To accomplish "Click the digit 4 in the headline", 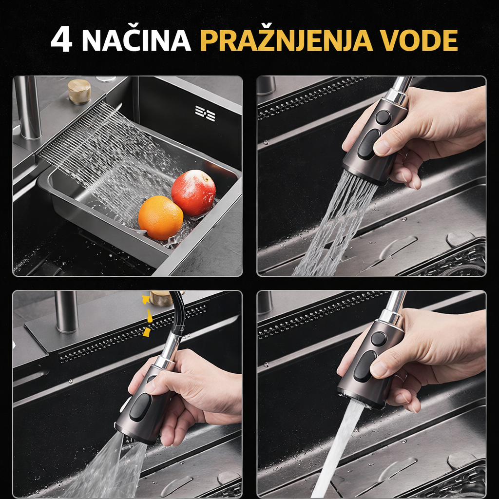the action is pyautogui.click(x=61, y=39).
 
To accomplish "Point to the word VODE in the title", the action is pyautogui.click(x=419, y=40).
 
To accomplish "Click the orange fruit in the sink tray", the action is pyautogui.click(x=161, y=218).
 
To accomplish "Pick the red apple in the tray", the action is pyautogui.click(x=193, y=193).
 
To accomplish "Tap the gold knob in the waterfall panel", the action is pyautogui.click(x=79, y=91).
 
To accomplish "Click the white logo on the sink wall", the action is pyautogui.click(x=205, y=113).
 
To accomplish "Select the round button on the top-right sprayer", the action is pyautogui.click(x=383, y=117).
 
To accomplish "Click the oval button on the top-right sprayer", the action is pyautogui.click(x=368, y=144).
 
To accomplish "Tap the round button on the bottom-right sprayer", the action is pyautogui.click(x=379, y=339).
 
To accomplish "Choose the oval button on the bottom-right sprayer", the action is pyautogui.click(x=365, y=366).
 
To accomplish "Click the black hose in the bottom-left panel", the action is pyautogui.click(x=178, y=312).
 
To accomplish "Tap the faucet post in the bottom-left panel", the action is pyautogui.click(x=66, y=312).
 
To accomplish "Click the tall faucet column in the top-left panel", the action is pyautogui.click(x=28, y=108).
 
